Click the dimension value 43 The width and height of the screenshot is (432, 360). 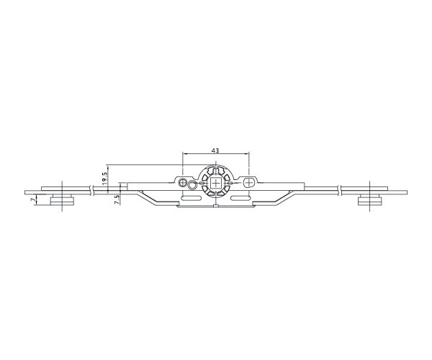point(215,150)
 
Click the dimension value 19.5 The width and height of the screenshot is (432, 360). point(104,179)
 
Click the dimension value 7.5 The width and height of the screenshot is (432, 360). point(117,199)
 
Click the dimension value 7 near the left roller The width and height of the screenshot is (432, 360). point(34,201)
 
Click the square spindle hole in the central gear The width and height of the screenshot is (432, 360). point(216,183)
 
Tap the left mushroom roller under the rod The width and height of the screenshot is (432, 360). point(62,200)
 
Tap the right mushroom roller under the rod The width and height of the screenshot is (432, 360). point(369,200)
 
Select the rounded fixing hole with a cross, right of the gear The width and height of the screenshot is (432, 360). point(249,182)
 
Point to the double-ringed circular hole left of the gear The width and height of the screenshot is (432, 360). point(182,182)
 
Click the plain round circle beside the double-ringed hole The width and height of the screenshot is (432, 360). point(192,185)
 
